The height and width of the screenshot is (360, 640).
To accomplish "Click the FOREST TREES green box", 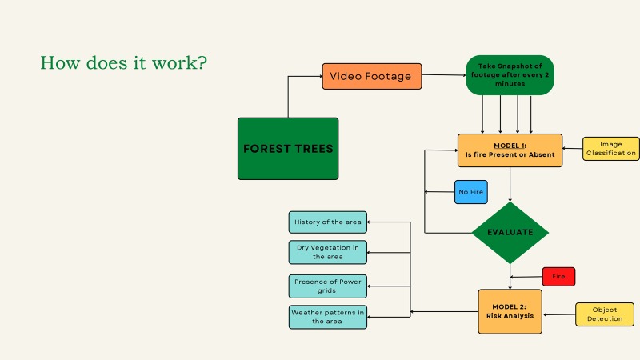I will tap(288, 148).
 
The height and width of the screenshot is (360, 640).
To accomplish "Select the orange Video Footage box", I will tap(371, 77).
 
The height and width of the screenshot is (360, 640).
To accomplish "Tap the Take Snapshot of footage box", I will tap(510, 75).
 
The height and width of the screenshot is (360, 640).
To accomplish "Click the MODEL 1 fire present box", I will tap(510, 150).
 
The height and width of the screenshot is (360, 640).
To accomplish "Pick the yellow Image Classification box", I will tap(610, 149).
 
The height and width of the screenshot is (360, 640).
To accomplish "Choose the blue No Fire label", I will tap(470, 192).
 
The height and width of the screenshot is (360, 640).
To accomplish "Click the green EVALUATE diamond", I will tap(510, 233).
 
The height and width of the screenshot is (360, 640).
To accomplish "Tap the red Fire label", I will tap(558, 277).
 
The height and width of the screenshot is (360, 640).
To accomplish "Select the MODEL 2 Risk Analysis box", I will tap(510, 310).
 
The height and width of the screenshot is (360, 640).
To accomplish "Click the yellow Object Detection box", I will tap(604, 314).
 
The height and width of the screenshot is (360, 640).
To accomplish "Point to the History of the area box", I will tap(327, 222).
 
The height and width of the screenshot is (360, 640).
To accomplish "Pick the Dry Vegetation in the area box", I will tap(327, 252).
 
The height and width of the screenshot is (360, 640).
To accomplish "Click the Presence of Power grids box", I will tap(327, 286).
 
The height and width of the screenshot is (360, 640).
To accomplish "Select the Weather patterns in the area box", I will tap(327, 317).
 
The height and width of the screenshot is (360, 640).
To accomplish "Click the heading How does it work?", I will tap(124, 62).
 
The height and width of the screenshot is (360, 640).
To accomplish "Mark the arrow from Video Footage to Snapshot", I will tap(444, 76).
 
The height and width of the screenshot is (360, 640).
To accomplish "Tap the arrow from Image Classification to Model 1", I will tap(572, 149).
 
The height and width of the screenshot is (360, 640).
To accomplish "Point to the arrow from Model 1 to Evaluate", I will tap(510, 184).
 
